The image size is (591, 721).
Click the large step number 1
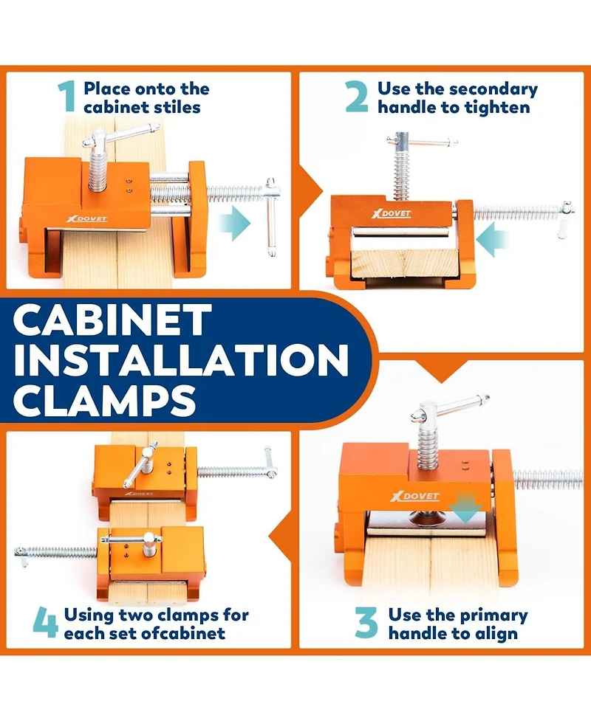coord(66,97)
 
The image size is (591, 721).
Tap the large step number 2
coord(357,97)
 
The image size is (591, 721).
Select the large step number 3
coord(366,624)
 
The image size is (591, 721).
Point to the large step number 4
coord(45,624)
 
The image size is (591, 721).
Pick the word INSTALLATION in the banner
coord(181,362)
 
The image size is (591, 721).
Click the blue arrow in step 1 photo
coord(235,223)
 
